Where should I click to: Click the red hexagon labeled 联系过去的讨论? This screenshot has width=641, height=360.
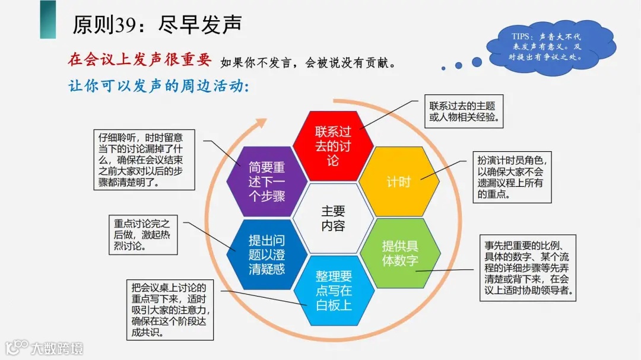pos(333,146)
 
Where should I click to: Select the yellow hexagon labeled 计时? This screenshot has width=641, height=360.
pos(399,181)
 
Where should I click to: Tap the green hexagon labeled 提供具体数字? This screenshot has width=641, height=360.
pos(400,253)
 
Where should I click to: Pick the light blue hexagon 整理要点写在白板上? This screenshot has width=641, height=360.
pos(334,290)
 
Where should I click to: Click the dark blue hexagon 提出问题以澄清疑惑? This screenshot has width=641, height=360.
pos(266,254)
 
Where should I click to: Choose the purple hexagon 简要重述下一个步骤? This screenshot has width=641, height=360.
pos(266,181)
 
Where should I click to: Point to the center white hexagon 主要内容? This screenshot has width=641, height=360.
pos(333,218)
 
